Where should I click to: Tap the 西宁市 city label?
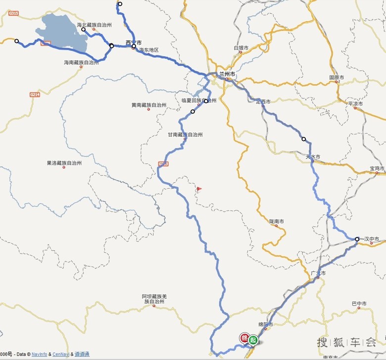(x=134, y=42)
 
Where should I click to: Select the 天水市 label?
(x=313, y=156)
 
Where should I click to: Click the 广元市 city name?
(x=318, y=273)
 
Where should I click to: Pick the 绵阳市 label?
(x=266, y=324)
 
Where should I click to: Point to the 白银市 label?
(x=241, y=48)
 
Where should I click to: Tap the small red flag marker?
(x=199, y=189)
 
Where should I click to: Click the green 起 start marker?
(x=253, y=340)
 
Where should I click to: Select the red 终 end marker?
(x=244, y=338)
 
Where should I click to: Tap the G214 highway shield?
(x=34, y=94)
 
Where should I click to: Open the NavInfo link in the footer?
(x=40, y=354)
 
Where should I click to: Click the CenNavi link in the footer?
(x=60, y=354)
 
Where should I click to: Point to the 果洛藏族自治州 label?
(x=64, y=162)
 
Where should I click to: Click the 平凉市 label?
(x=355, y=104)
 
